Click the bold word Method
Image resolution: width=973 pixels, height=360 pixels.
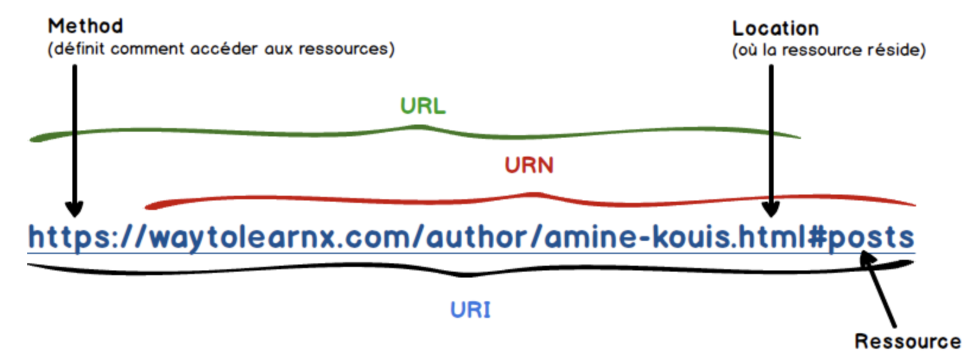click(x=85, y=26)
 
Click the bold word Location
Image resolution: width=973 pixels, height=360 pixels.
click(x=775, y=28)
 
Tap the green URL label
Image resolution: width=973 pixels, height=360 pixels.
click(x=422, y=106)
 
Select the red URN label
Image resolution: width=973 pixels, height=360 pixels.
click(x=529, y=165)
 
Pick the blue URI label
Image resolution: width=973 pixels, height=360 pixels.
click(x=470, y=310)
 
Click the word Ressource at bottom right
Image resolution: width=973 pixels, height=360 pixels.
click(x=907, y=341)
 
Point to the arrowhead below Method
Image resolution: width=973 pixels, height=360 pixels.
click(x=74, y=208)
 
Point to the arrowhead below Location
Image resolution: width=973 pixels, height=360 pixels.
click(x=771, y=208)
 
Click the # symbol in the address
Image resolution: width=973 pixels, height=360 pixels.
click(x=817, y=237)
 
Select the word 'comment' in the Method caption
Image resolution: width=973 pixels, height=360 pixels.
click(x=147, y=49)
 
